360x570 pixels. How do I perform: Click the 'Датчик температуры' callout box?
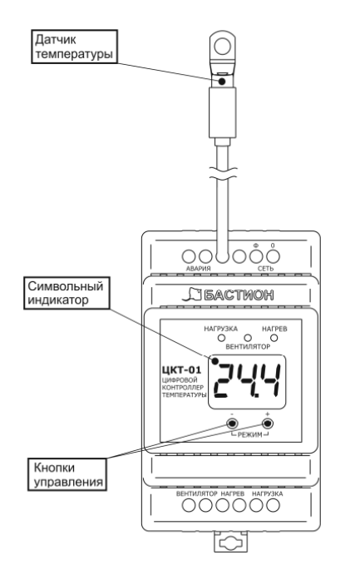coord(75,47)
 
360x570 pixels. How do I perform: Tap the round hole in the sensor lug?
coord(222,47)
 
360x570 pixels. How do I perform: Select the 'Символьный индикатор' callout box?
coord(67,293)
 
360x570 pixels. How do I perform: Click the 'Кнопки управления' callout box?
coord(67,474)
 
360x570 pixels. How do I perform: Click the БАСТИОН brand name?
coord(239,295)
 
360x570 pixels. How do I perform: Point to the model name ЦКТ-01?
coord(181,370)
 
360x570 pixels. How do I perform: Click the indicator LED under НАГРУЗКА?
coord(221,338)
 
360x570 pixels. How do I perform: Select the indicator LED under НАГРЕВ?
coord(274,338)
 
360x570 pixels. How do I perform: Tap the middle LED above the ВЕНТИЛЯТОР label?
coord(248,338)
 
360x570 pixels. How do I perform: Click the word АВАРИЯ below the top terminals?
coord(199,269)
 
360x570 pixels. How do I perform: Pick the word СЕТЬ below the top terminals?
coord(265,269)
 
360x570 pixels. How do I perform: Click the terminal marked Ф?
coord(256,256)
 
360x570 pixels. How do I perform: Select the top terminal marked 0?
coord(273,256)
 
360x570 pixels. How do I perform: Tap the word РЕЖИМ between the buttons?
coord(250,434)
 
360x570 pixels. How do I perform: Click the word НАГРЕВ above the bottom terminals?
coord(233,494)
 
